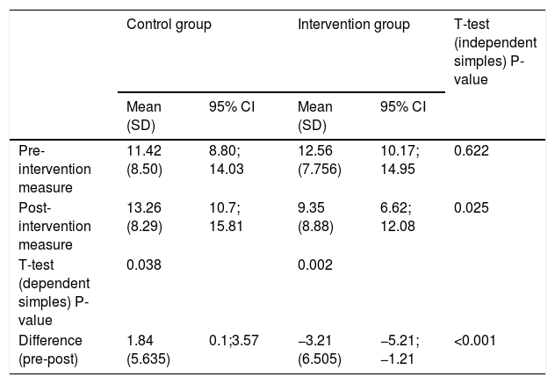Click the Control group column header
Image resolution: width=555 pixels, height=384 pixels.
[169, 25]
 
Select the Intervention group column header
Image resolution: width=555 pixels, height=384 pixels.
[354, 25]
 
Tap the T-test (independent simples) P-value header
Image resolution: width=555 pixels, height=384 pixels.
[495, 52]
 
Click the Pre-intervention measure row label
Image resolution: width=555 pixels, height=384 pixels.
[54, 169]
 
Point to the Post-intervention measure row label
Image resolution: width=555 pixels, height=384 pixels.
[54, 226]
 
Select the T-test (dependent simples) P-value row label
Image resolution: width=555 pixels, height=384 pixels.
[54, 293]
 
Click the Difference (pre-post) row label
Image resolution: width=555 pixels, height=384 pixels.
[50, 350]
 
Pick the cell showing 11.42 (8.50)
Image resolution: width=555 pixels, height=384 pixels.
[144, 160]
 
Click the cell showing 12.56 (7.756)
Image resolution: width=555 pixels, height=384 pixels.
[320, 160]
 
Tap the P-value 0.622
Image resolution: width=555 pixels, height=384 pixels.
[472, 150]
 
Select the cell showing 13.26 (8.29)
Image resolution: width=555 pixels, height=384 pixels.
[144, 217]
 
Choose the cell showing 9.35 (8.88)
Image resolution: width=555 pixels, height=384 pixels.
[315, 217]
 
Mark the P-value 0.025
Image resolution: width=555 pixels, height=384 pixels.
[472, 207]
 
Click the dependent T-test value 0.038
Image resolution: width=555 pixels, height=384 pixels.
[144, 264]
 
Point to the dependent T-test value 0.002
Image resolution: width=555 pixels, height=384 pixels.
[315, 264]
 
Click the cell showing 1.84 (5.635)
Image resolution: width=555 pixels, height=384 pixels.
[148, 350]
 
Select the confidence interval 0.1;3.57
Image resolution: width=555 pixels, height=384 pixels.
[234, 340]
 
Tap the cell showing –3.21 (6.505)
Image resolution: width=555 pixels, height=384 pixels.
[320, 350]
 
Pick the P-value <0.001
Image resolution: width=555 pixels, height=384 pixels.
[475, 340]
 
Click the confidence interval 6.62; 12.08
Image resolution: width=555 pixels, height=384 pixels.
[398, 217]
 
